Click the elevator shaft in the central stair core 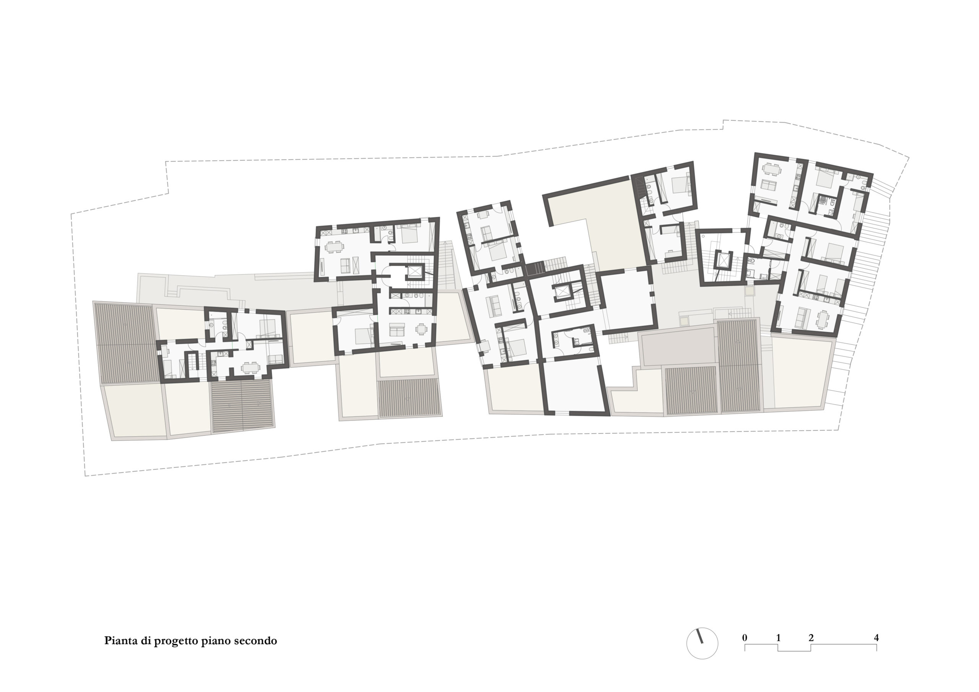point(564,292)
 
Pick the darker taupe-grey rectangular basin point(678,348)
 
